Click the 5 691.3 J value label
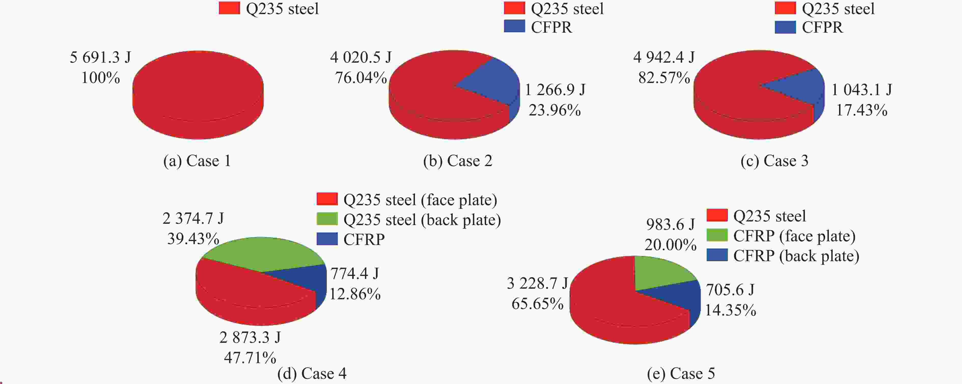pos(100,57)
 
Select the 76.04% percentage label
pos(361,78)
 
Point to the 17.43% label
pos(861,110)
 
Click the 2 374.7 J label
pos(193,218)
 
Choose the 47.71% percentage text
pos(250,358)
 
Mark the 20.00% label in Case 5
pos(670,245)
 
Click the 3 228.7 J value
pos(537,284)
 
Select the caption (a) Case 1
pos(197,161)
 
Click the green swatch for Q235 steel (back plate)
pos(327,219)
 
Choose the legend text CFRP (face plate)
pos(794,236)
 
